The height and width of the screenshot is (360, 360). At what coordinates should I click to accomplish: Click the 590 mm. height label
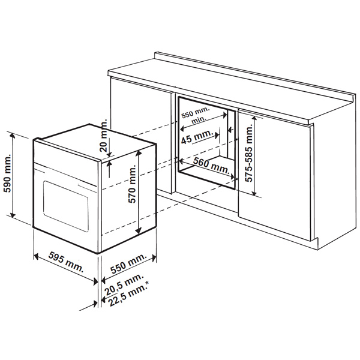[x=7, y=173]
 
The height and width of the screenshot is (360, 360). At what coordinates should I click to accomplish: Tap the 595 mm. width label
[x=66, y=262]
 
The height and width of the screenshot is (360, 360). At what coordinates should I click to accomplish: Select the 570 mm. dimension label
[x=132, y=184]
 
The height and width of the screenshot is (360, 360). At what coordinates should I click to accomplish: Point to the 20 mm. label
[x=104, y=136]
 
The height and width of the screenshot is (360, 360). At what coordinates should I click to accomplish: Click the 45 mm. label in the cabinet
[x=197, y=137]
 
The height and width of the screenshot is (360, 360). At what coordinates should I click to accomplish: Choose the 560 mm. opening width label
[x=211, y=166]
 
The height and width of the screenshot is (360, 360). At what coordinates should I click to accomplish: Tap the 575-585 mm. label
[x=248, y=152]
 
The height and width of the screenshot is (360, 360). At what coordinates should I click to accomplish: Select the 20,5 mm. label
[x=124, y=284]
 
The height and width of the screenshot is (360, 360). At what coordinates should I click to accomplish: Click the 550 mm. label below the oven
[x=128, y=264]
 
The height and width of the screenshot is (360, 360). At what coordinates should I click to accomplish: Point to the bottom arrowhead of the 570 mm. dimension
[x=138, y=230]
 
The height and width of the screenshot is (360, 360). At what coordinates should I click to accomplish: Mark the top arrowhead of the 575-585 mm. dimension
[x=254, y=119]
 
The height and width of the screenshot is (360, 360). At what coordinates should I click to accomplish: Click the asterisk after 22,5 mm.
[x=147, y=284]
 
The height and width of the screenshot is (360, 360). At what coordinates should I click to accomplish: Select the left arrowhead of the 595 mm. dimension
[x=36, y=256]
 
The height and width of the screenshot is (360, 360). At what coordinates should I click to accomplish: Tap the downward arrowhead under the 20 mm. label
[x=109, y=155]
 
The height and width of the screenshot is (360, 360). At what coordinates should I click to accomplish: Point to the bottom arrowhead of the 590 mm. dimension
[x=13, y=214]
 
